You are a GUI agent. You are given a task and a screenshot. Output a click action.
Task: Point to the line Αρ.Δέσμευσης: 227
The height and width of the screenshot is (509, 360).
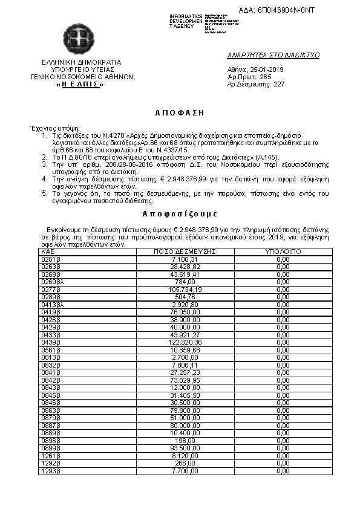click(x=255, y=85)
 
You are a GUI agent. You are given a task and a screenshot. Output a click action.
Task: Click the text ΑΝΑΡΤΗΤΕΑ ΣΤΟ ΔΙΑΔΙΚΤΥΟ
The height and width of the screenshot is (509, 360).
click(x=273, y=55)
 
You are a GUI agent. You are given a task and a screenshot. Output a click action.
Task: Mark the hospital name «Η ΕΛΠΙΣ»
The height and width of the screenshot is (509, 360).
click(x=80, y=85)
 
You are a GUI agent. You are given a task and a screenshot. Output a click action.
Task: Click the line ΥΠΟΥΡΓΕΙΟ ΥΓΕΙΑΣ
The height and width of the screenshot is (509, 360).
click(x=81, y=70)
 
